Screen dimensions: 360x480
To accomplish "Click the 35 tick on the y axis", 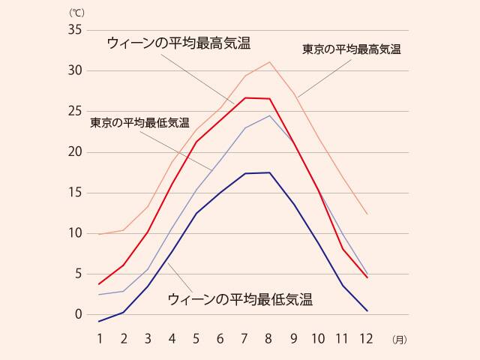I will (x=74, y=30).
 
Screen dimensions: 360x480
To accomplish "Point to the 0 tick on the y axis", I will (x=77, y=314).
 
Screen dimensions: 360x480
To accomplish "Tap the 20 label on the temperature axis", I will (x=74, y=152).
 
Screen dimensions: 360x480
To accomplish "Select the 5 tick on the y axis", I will (x=77, y=274).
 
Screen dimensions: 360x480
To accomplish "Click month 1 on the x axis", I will (x=99, y=339).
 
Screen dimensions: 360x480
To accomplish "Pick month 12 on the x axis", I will (x=366, y=339).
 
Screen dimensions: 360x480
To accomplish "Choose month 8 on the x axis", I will (x=269, y=339).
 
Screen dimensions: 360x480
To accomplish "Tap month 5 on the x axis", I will (x=196, y=339).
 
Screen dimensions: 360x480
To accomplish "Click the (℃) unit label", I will (x=78, y=13).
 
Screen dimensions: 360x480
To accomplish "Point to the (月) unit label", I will (x=398, y=340).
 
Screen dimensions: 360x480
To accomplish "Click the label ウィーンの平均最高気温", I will (x=178, y=43).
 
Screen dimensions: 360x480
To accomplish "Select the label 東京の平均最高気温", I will (x=352, y=49).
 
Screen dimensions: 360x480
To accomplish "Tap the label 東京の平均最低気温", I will (x=139, y=122).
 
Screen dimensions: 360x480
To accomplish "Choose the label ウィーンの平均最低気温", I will (x=240, y=299).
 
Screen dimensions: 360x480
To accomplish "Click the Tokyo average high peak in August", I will (x=269, y=61).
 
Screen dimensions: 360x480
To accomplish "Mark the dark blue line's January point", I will (x=99, y=322).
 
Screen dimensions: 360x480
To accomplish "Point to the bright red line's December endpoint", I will (x=367, y=277).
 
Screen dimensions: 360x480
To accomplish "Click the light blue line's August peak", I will (x=269, y=115).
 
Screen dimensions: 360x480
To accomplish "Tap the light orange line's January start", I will (x=99, y=234).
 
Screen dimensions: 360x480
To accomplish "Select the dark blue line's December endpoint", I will (x=367, y=310).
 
